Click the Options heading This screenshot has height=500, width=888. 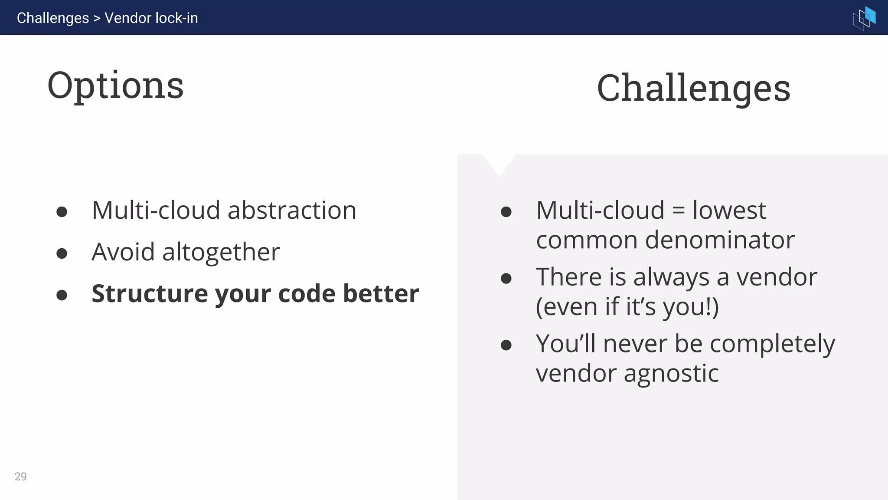pos(115,86)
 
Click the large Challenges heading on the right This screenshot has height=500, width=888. pos(693,89)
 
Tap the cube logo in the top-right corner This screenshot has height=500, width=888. pos(864,18)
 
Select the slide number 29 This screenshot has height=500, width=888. pos(20,477)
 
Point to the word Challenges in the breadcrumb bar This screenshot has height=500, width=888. pos(53,18)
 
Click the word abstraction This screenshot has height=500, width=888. pos(292,211)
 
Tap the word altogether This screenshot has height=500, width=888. pos(221,252)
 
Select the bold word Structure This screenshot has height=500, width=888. pos(150,293)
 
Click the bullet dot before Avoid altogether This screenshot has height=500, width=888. pos(62,253)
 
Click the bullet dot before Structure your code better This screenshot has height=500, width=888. pos(62,295)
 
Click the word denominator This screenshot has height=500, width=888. pos(720,240)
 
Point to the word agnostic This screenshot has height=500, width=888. pos(671,374)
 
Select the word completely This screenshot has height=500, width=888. pos(772,344)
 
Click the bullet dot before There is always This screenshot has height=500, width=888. pos(506,278)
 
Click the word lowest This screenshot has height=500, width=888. pos(729,211)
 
